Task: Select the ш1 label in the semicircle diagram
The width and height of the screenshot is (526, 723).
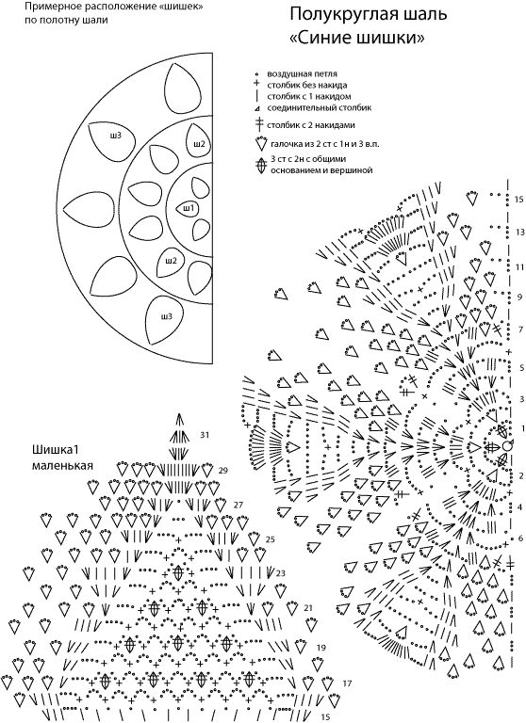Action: [x=189, y=208]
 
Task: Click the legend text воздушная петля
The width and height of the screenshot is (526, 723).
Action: [x=302, y=73]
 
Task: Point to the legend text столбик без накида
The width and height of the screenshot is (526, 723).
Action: [x=307, y=86]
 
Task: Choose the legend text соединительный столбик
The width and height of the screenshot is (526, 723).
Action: [x=320, y=108]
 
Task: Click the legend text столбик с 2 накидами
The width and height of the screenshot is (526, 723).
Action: [x=311, y=125]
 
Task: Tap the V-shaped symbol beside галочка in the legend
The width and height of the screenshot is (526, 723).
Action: [x=260, y=143]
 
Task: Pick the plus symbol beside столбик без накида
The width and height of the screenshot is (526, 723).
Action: [x=255, y=85]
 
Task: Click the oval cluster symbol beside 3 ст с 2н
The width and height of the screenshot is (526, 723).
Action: [x=261, y=166]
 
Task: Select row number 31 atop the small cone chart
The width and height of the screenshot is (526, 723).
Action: [x=205, y=435]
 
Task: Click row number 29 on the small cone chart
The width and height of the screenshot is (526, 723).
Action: [x=223, y=471]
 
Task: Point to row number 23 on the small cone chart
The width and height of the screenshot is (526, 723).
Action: [x=280, y=573]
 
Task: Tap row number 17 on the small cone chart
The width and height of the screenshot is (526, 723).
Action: [x=347, y=683]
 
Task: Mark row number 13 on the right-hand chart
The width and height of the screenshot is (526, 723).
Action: [x=519, y=232]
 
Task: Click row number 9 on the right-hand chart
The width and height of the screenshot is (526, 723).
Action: [x=519, y=297]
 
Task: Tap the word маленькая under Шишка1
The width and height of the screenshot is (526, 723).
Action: [x=62, y=465]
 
